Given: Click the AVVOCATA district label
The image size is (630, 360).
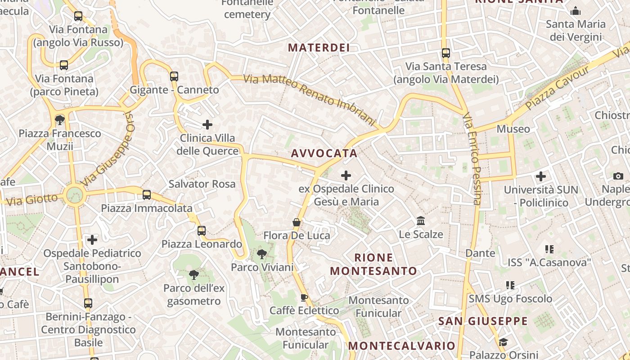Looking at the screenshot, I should [324, 153].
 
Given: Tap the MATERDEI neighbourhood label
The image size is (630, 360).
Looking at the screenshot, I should [319, 48].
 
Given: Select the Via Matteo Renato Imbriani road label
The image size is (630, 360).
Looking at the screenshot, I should [309, 99].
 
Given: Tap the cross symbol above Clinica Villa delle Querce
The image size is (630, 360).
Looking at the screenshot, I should [207, 124].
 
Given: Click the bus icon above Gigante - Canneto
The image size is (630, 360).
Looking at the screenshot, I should [174, 76].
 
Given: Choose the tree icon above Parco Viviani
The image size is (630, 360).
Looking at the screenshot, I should [261, 254].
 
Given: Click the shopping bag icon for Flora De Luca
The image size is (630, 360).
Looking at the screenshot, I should [297, 222].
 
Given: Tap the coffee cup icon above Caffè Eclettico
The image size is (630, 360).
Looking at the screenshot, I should [304, 297].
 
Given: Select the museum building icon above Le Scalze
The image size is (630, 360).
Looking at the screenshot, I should [421, 221].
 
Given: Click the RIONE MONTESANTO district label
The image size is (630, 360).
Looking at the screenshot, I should [373, 264].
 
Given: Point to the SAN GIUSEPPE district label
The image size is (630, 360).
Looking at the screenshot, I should [483, 321].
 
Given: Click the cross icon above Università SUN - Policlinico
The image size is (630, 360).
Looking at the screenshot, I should [541, 176].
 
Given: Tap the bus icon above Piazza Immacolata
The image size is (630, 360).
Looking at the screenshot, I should [147, 195].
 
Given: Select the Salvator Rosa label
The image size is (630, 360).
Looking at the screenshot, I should [202, 184].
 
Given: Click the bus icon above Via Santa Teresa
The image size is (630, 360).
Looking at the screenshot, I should [446, 53].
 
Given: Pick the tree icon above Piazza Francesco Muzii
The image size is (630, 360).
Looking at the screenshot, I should [59, 120].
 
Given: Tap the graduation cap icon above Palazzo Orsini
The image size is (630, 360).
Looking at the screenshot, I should [503, 342].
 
